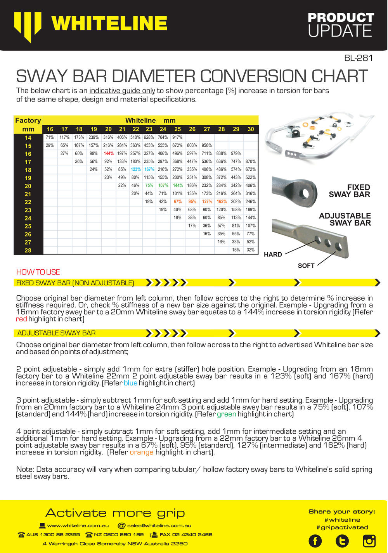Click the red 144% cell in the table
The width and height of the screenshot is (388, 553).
pos(108,153)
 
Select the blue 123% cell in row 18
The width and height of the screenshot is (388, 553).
pos(135,169)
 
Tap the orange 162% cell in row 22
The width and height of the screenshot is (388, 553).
pos(222,202)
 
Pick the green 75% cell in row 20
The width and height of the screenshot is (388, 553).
pos(149,186)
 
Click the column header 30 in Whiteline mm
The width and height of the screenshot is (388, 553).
pos(251,129)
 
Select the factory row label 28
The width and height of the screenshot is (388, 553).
pos(28,250)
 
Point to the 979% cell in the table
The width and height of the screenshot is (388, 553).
pos(236,153)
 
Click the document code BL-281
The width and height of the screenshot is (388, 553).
pos(358,58)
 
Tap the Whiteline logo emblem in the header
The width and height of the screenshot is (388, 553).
pos(28,25)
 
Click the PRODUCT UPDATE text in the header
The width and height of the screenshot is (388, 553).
pos(340,24)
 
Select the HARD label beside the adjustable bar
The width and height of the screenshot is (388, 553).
pos(273,255)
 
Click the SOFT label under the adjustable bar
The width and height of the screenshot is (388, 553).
pos(306,266)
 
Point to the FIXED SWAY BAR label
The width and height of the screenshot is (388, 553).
pos(349,191)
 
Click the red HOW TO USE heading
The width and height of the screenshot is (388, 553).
pos(38,272)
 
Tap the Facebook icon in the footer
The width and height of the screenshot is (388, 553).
pos(315,541)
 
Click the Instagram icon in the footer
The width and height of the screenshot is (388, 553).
pos(369,541)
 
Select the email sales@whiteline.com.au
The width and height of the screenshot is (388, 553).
pos(159,525)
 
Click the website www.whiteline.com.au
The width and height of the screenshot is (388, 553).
pos(78,525)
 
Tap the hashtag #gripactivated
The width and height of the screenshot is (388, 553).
pos(342,527)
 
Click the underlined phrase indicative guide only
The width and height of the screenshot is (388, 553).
pos(122,91)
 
